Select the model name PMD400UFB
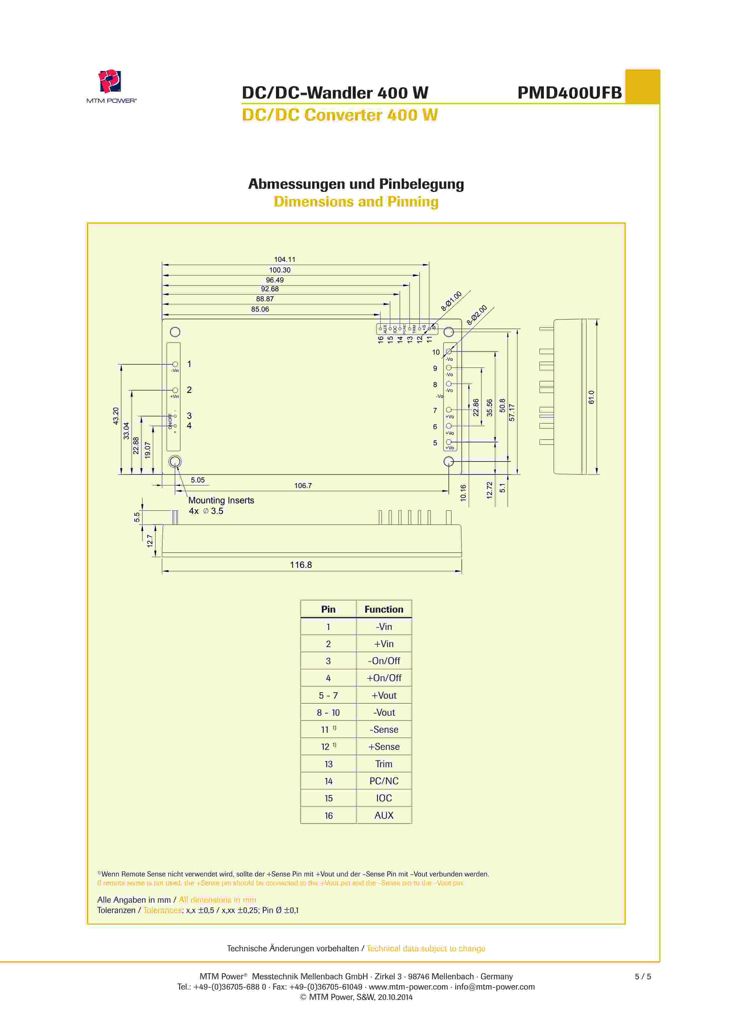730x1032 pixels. (x=569, y=92)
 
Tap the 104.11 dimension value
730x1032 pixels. (x=284, y=259)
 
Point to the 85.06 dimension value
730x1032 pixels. (x=260, y=309)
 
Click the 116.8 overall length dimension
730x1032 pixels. (x=301, y=565)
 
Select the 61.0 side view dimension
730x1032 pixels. (x=591, y=397)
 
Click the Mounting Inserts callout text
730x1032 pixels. (x=221, y=500)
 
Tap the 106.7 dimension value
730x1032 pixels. (x=303, y=486)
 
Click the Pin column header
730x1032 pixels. (x=328, y=609)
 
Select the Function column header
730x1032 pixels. (x=384, y=609)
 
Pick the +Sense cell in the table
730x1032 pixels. (x=384, y=747)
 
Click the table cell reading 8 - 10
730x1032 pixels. (x=328, y=712)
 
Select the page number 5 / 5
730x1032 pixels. (x=642, y=976)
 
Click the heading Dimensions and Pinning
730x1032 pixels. (x=356, y=202)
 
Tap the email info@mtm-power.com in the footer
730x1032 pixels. (x=494, y=987)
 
